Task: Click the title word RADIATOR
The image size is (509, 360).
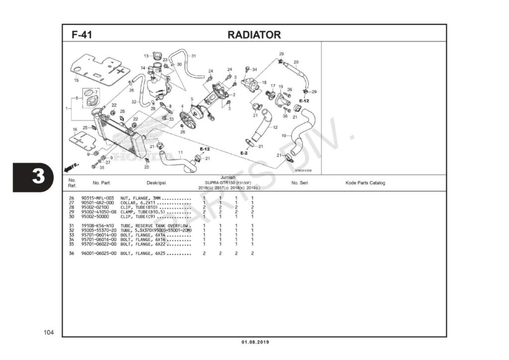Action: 254,35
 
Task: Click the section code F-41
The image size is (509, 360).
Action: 82,35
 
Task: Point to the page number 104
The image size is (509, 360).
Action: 48,332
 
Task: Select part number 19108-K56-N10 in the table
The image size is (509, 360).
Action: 98,226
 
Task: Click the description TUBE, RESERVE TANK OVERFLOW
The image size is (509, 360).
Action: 155,226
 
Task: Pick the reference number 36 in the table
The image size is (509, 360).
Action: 72,254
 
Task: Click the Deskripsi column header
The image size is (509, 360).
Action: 156,183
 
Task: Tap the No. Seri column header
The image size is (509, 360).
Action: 300,183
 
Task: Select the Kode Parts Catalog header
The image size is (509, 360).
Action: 365,183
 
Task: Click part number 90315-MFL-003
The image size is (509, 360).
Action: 98,198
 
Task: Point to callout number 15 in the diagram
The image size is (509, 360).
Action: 76,80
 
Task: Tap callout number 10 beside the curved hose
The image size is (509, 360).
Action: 283,135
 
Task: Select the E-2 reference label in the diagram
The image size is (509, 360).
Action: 244,153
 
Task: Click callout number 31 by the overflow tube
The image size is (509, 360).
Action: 193,56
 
